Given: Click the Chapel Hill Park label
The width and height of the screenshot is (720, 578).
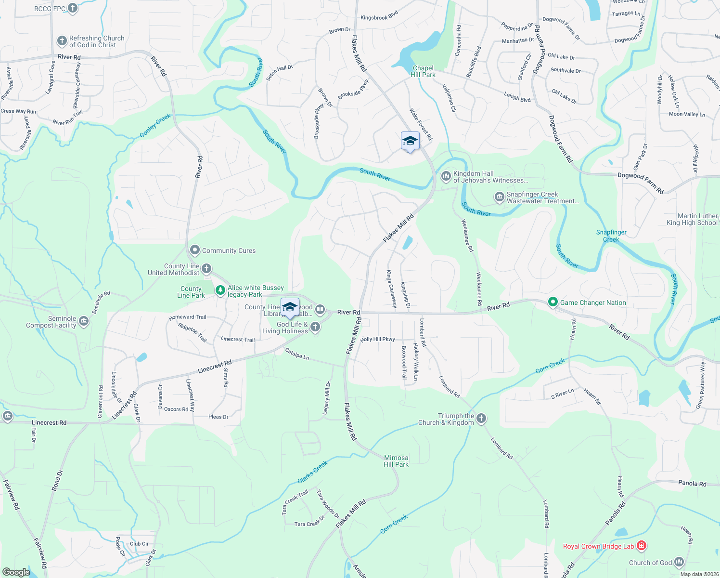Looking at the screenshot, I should click(423, 72).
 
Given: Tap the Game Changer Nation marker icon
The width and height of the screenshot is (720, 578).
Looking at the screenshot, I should click(553, 302).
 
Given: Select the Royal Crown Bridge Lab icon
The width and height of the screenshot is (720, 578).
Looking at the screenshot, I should click(641, 546).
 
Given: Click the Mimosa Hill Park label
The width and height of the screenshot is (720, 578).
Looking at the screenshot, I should click(396, 461).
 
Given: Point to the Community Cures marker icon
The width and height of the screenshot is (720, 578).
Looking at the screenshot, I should click(195, 250).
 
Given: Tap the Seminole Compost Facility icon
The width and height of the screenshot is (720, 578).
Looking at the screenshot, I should click(84, 321).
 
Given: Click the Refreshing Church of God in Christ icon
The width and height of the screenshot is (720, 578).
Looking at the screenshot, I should click(62, 41).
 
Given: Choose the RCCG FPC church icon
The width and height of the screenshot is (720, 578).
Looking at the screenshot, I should click(73, 8).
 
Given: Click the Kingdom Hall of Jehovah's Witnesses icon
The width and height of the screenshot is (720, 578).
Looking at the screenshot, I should click(446, 176).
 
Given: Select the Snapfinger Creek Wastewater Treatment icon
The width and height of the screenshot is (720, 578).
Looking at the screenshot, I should click(499, 197).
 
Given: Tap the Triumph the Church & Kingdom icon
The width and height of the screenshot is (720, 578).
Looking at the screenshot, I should click(481, 419).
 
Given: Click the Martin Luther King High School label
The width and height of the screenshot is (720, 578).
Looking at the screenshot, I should click(692, 220).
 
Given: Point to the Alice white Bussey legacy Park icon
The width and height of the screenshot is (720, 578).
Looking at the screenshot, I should click(220, 290).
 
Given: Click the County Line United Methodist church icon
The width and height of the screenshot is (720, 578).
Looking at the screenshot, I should click(206, 269).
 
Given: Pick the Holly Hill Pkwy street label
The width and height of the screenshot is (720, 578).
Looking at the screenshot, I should click(378, 340).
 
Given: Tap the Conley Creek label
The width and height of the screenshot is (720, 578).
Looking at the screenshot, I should click(155, 125).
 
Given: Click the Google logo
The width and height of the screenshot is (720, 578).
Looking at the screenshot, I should click(16, 572).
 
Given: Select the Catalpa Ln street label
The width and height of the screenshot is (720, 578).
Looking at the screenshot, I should click(297, 354).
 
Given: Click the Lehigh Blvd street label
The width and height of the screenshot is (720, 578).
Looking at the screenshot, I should click(517, 97).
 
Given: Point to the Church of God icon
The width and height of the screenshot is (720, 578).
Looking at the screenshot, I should click(679, 562).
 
